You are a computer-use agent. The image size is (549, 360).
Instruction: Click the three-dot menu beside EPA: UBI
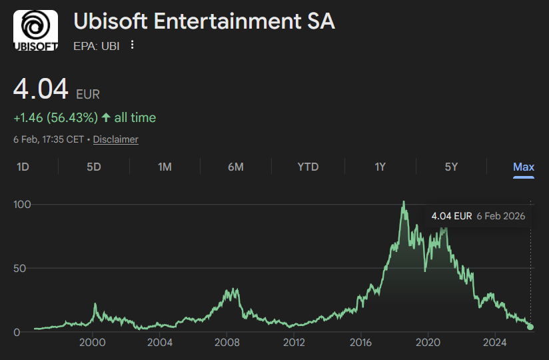[x=132, y=45]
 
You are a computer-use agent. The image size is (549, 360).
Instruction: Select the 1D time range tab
[x=23, y=167]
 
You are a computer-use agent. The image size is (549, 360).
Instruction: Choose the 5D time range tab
[x=94, y=167]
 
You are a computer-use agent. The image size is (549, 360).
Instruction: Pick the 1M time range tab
[x=165, y=167]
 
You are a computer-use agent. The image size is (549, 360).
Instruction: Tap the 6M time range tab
[x=235, y=167]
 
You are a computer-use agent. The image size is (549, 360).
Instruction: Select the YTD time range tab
[x=308, y=167]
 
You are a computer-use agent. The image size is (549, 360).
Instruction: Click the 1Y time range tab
[x=380, y=167]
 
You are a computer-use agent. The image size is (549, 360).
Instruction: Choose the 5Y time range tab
[x=451, y=167]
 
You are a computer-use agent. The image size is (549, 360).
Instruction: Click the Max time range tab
[x=524, y=167]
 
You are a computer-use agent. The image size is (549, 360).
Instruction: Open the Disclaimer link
[x=116, y=139]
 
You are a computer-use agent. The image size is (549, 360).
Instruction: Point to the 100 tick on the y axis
[x=23, y=204]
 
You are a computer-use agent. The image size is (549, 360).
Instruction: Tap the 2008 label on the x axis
[x=227, y=343]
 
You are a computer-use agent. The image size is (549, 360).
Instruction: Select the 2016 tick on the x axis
[x=360, y=343]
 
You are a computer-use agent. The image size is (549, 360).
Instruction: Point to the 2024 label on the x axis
[x=494, y=343]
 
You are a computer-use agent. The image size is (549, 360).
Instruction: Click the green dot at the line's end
[x=530, y=327]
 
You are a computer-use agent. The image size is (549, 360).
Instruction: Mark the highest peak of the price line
[x=403, y=202]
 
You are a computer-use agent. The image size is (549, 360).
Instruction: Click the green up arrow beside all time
[x=106, y=118]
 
